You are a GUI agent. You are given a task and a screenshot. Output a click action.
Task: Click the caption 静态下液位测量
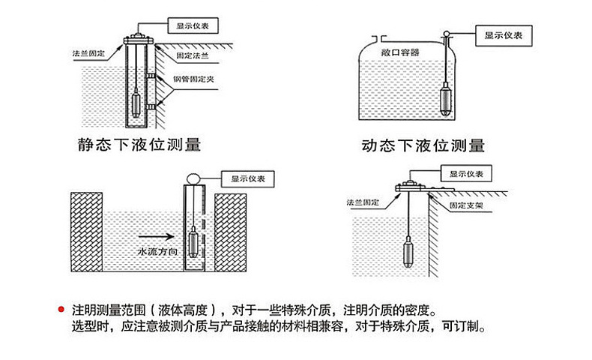(139, 142)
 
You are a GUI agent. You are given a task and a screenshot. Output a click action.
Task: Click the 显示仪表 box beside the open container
(503, 35)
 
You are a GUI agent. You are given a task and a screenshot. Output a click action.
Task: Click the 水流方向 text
(156, 253)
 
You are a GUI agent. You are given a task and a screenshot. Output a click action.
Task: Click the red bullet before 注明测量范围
(61, 310)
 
